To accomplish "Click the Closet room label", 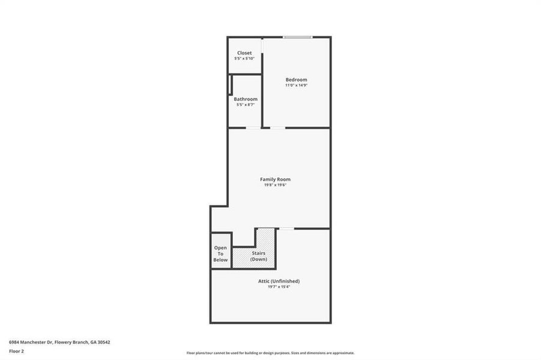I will click(x=244, y=53).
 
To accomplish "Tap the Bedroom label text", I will click(x=296, y=80).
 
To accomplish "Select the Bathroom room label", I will click(x=246, y=99).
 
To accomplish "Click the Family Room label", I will click(x=275, y=179).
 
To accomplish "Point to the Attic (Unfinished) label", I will click(x=276, y=281).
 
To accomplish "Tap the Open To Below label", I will click(x=220, y=254).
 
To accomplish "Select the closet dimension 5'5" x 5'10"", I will click(x=244, y=58).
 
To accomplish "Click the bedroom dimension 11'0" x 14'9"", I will click(x=296, y=85).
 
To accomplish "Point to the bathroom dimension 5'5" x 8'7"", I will click(x=246, y=104).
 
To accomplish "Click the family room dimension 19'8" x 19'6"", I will click(x=275, y=185).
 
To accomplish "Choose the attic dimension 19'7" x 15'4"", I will click(x=276, y=287).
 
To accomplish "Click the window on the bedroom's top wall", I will click(x=298, y=37).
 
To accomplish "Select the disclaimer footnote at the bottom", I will click(x=270, y=353).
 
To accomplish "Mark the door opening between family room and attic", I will click(x=286, y=229).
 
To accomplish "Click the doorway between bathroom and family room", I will click(x=253, y=128).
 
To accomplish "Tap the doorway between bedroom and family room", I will click(x=277, y=128).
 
